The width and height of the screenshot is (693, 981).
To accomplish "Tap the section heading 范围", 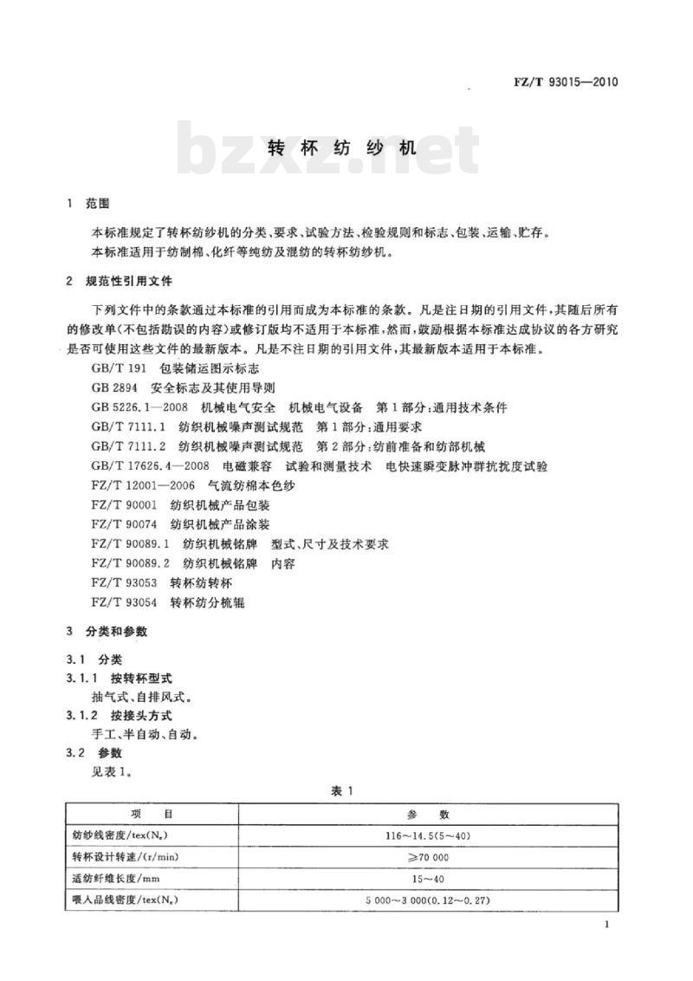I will click(x=99, y=205).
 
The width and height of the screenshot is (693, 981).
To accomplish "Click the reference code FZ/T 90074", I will click(x=124, y=525).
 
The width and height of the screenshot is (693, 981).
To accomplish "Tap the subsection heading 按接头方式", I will click(x=143, y=715).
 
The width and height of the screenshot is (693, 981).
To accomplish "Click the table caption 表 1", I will click(x=343, y=790).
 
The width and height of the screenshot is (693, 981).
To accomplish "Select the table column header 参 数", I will click(x=427, y=815).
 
